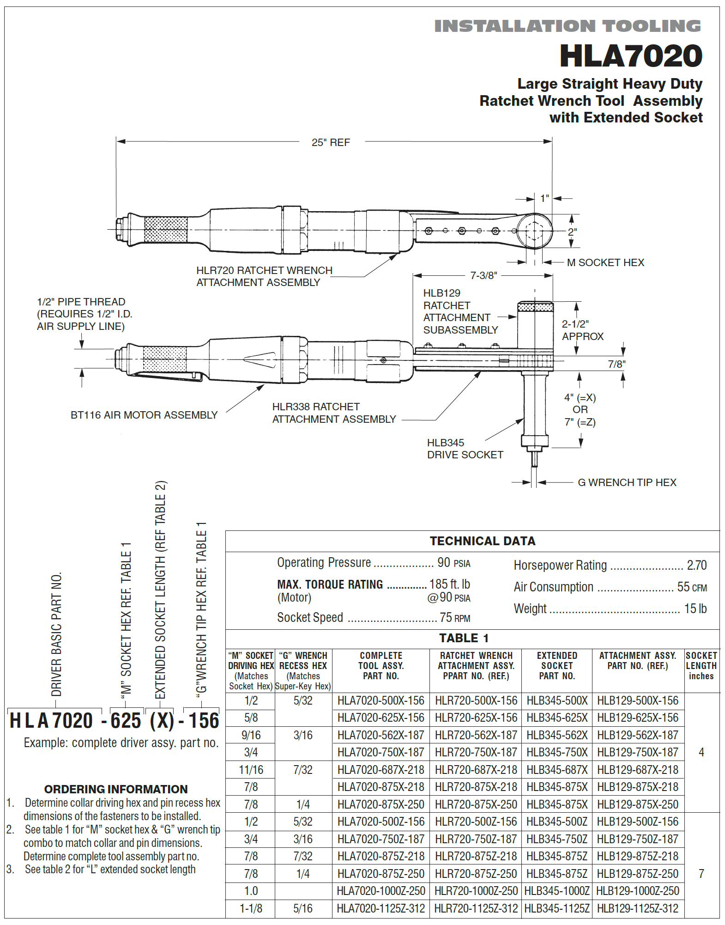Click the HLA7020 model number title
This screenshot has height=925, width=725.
click(630, 56)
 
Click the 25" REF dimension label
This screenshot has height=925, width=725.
click(331, 142)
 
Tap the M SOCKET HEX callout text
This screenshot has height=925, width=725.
click(605, 262)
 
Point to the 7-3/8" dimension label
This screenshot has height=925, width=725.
click(483, 275)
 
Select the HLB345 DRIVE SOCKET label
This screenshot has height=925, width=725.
click(464, 449)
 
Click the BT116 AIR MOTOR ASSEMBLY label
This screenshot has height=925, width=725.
click(144, 415)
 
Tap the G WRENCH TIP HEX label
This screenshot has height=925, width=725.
click(627, 482)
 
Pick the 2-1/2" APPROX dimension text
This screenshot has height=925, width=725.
click(582, 330)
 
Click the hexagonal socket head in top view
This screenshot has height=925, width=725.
click(534, 231)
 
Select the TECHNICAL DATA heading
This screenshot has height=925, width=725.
click(482, 541)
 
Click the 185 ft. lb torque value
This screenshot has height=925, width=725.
click(449, 584)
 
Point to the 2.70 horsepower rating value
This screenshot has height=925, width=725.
click(696, 565)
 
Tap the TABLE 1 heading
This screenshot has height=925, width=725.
click(463, 638)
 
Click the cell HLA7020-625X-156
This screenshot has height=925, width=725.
click(381, 718)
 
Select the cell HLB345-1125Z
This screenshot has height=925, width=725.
click(556, 908)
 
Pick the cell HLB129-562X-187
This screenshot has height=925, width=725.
click(637, 735)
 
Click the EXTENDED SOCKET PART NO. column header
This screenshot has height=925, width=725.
click(556, 666)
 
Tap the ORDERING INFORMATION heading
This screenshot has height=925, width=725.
click(116, 789)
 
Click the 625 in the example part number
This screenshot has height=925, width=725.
click(126, 721)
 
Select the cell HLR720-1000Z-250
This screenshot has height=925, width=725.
click(476, 891)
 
